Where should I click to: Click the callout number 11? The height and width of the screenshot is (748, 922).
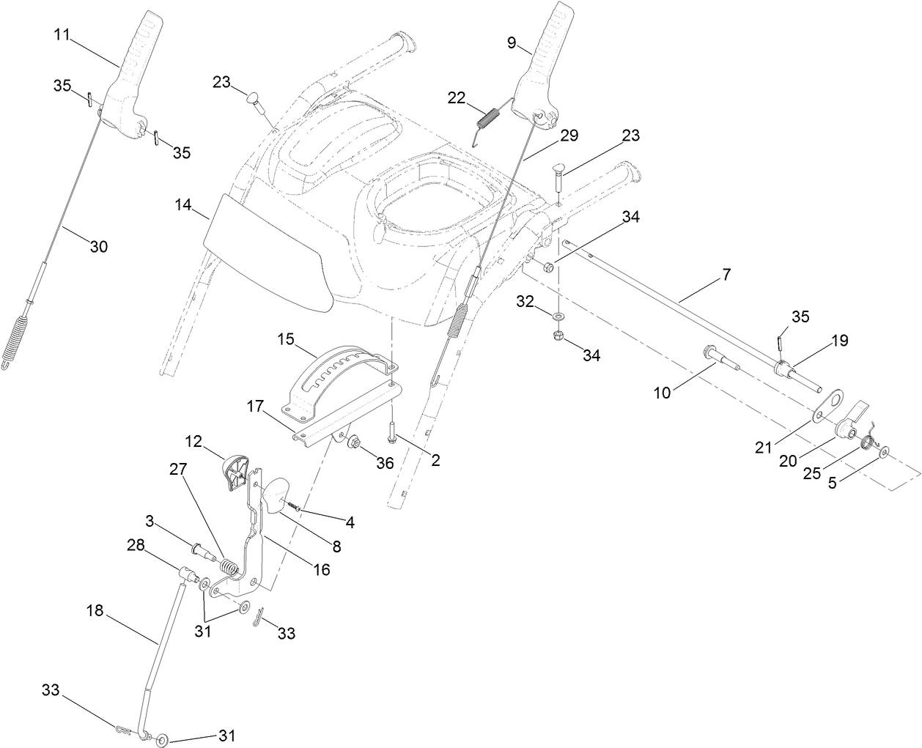click(62, 34)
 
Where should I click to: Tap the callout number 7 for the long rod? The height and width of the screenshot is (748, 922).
click(726, 275)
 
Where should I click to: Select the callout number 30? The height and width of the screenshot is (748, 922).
click(98, 247)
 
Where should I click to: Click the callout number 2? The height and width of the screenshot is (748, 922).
click(435, 460)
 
